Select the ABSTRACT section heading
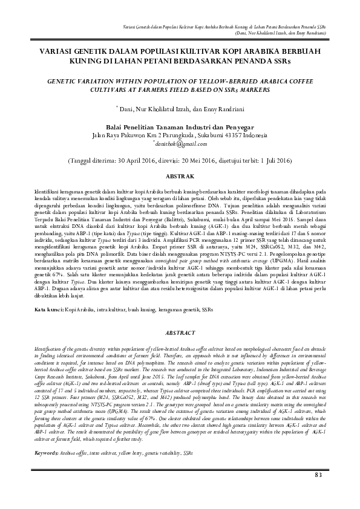click(x=180, y=334)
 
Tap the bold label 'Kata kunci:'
click(x=49, y=310)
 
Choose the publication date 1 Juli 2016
click(x=271, y=161)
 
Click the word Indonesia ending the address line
click(x=256, y=136)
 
